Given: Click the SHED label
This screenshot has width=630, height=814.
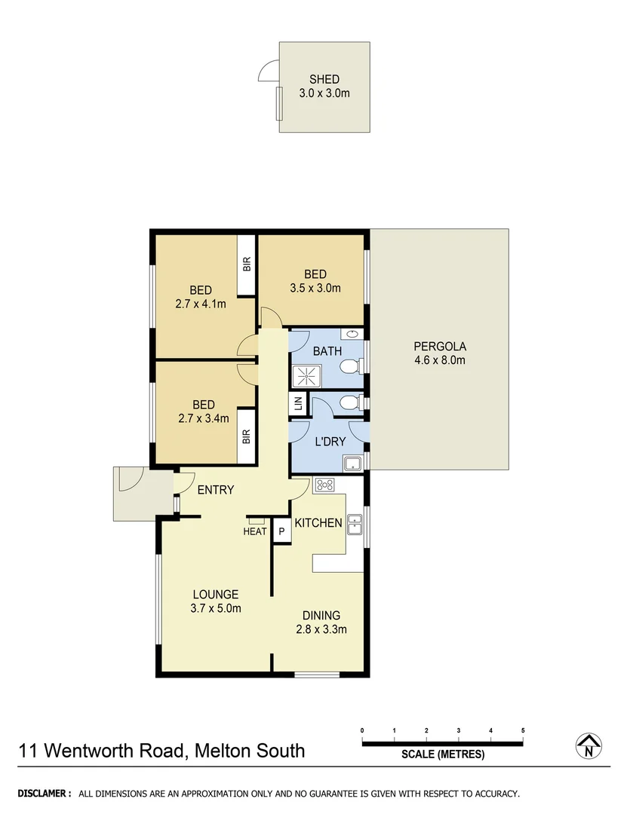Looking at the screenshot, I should click(324, 79).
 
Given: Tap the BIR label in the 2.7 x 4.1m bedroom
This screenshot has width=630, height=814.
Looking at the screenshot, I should click(247, 265).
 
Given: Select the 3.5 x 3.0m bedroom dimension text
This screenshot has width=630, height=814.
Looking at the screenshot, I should click(315, 288).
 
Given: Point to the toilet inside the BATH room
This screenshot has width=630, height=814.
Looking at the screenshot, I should click(349, 367).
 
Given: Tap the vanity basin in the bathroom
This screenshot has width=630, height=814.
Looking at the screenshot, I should click(352, 334).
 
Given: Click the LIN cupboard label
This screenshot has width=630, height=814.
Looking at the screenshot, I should click(297, 405).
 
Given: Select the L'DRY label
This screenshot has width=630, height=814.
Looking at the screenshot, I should click(330, 441).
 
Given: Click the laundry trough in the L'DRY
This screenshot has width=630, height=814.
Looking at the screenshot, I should click(352, 463).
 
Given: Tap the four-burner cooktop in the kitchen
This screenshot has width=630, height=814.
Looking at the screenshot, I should click(324, 485).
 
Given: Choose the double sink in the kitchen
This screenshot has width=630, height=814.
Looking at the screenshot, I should click(355, 522).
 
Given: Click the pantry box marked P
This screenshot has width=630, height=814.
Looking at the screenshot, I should click(281, 531).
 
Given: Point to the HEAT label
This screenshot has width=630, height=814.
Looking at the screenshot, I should click(255, 531).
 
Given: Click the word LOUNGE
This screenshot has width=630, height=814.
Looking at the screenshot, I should click(215, 595).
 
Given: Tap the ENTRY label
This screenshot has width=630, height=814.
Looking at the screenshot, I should click(216, 490).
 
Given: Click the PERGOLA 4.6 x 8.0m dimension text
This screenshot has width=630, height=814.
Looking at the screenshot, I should click(440, 360).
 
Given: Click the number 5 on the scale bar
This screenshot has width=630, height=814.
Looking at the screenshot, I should click(523, 731).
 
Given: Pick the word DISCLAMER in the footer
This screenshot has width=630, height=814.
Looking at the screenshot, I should click(45, 794).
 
